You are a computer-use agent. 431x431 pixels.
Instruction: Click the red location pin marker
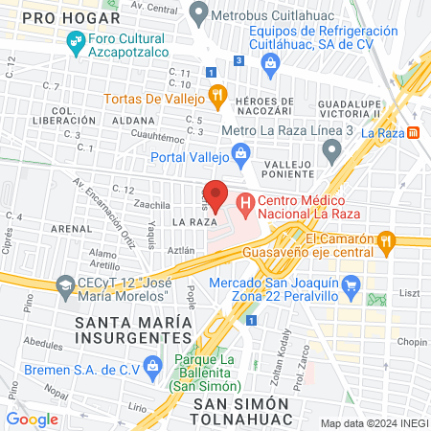click(215, 195)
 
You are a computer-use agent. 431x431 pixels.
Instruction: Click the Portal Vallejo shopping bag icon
click(240, 154)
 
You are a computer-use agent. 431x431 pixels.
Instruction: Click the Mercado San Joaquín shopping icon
click(352, 284)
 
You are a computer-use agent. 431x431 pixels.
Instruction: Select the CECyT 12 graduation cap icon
click(65, 284)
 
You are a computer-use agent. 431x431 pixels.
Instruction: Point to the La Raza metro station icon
click(414, 132)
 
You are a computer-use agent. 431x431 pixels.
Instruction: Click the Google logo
click(32, 419)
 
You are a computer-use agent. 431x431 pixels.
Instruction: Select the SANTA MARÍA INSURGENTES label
click(133, 329)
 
